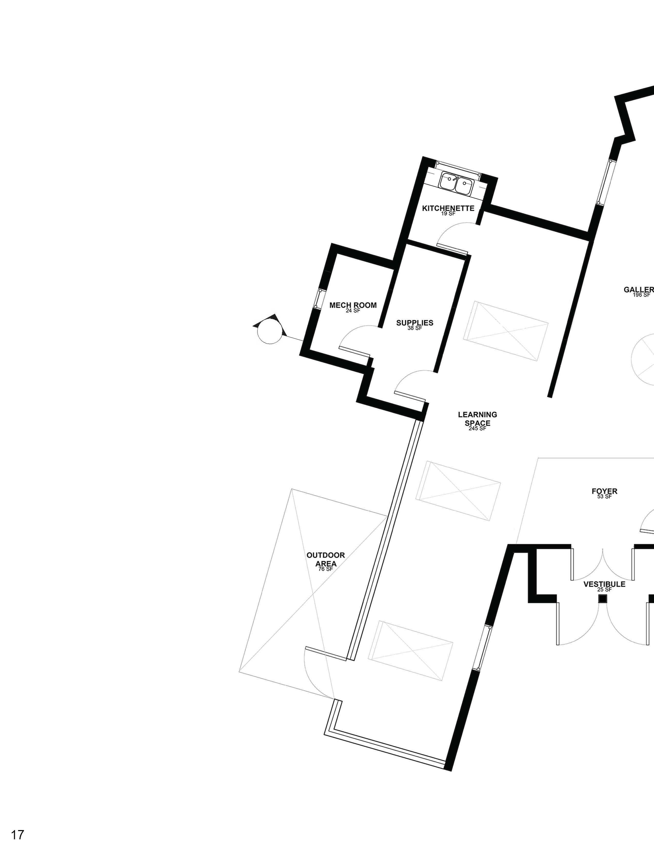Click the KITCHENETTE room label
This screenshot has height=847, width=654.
point(448,208)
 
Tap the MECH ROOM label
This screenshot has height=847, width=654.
point(353,305)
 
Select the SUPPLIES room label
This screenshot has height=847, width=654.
point(414,323)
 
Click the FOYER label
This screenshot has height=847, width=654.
point(605,491)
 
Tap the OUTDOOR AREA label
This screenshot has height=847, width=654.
point(325,559)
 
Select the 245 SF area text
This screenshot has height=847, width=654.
point(477,429)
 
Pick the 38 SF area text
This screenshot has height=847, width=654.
point(414,328)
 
